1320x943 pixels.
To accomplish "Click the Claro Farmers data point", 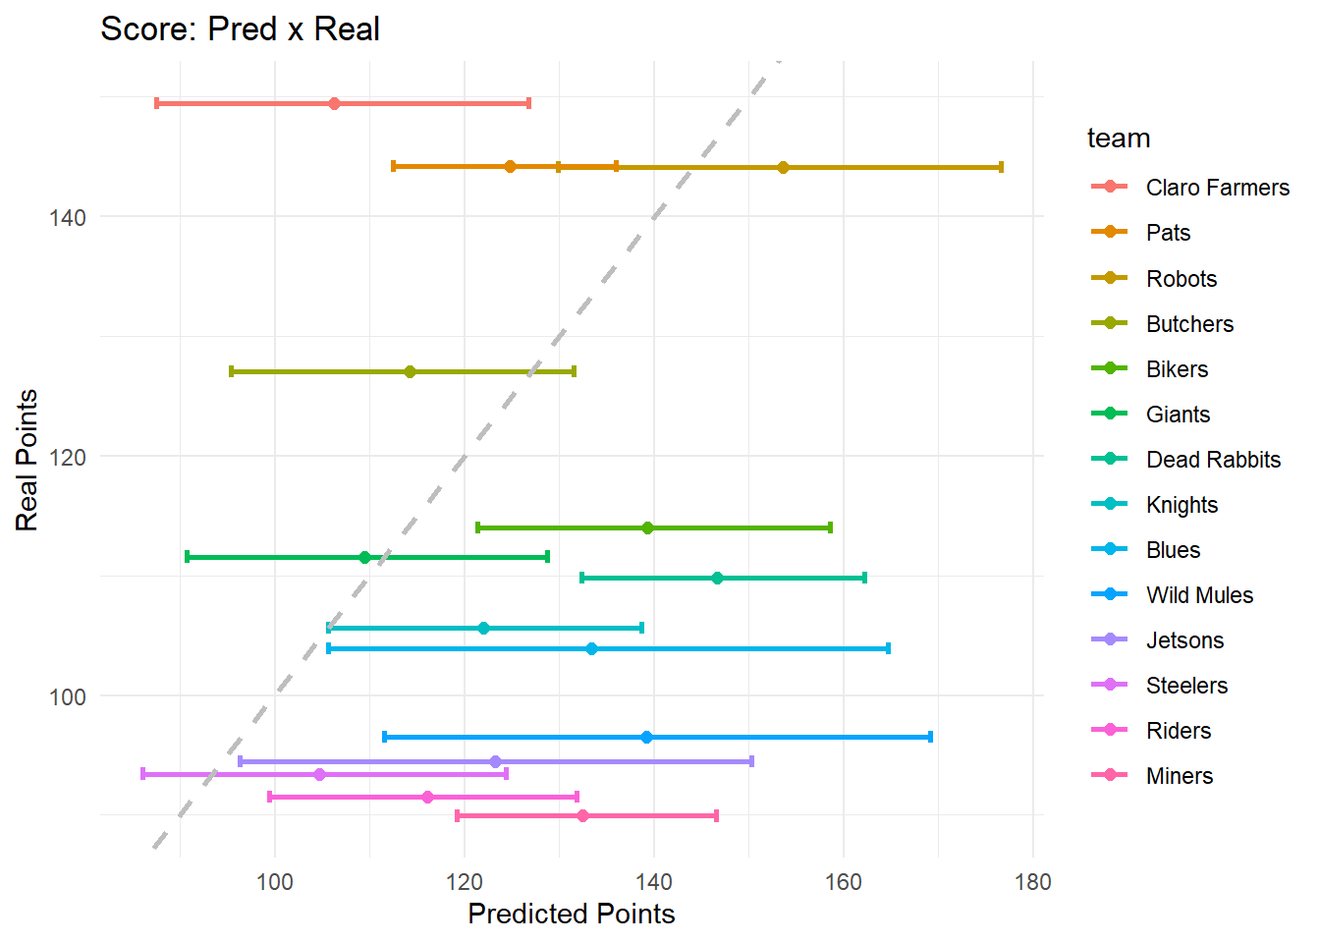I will click(x=334, y=103).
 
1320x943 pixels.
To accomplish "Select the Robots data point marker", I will click(x=783, y=167).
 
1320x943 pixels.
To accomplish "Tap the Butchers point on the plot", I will click(x=410, y=371).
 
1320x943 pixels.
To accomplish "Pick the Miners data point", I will click(x=582, y=815).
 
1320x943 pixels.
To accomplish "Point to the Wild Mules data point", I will click(x=646, y=737).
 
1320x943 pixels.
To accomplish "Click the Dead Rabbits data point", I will click(x=717, y=578).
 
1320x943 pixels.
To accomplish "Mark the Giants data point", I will click(x=364, y=557).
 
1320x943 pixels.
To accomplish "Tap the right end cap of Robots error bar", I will click(x=1001, y=167).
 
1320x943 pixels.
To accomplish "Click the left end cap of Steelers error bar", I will click(x=143, y=774).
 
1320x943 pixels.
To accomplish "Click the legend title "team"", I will click(x=1119, y=139).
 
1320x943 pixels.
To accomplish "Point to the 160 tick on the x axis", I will click(x=843, y=881).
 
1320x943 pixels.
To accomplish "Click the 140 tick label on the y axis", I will click(x=67, y=217).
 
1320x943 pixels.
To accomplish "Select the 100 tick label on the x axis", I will click(x=274, y=881).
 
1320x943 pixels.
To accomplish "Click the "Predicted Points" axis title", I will click(x=572, y=914).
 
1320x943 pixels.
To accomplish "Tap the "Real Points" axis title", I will click(x=27, y=460).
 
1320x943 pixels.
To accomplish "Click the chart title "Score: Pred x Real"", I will click(x=240, y=29).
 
